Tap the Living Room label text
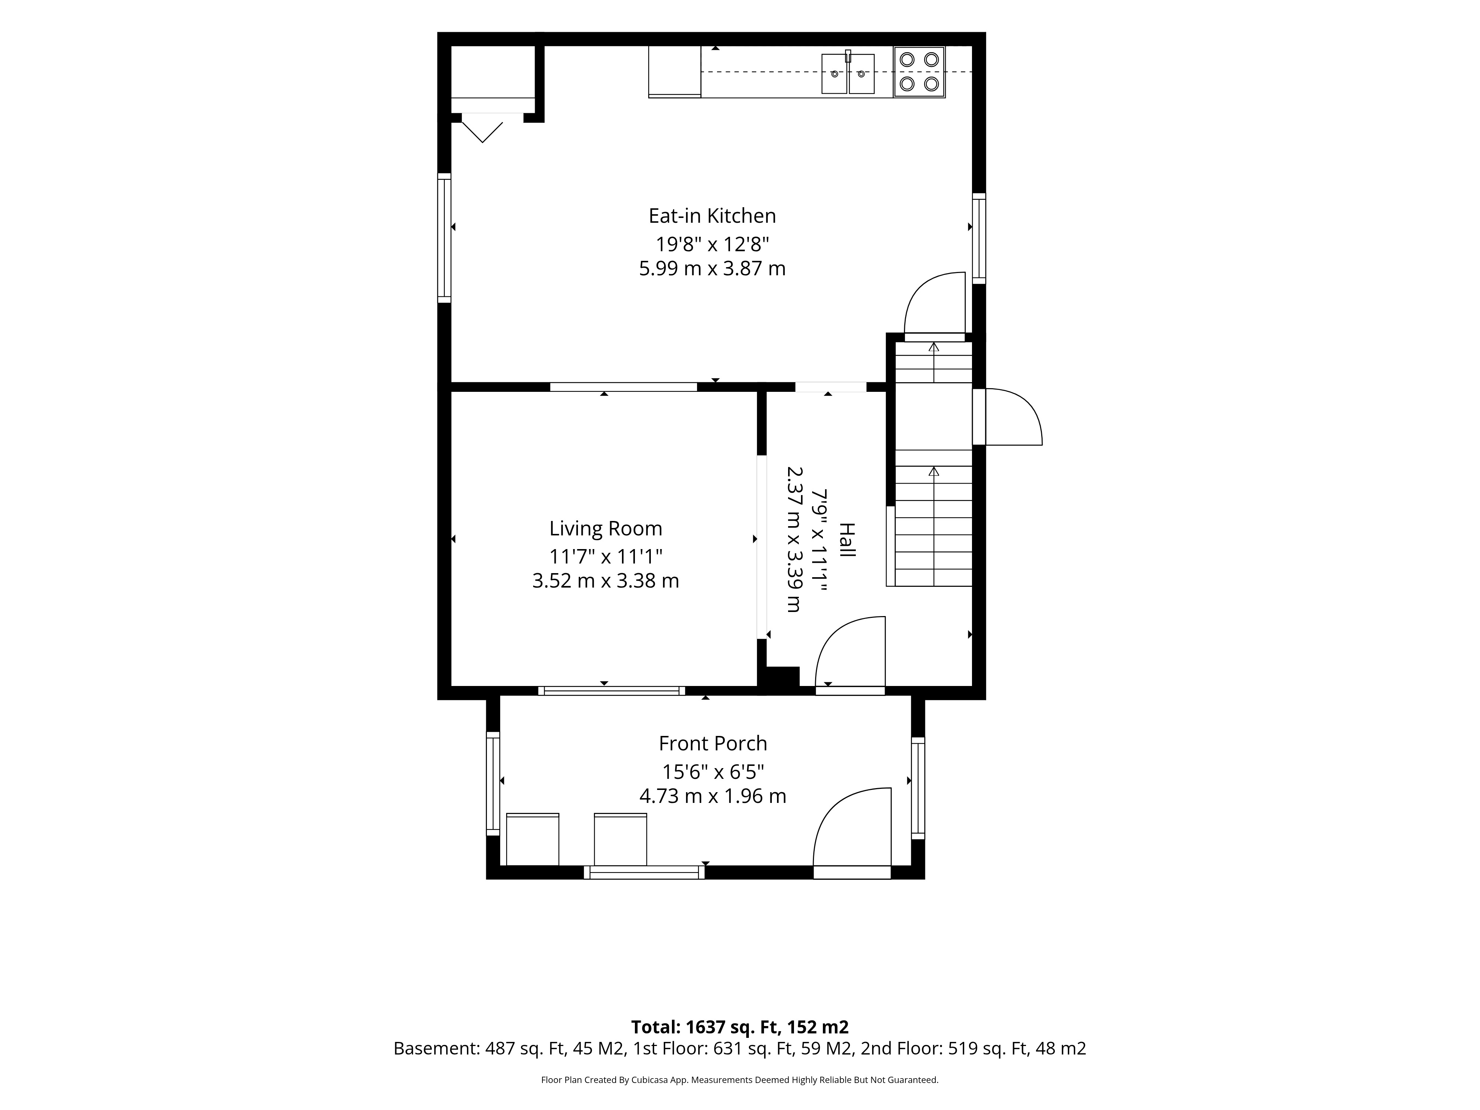[606, 529]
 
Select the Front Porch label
[713, 743]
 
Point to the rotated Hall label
[847, 540]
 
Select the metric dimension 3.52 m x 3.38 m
[606, 581]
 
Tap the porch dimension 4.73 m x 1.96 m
[713, 796]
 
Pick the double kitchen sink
[848, 73]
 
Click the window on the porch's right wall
[918, 787]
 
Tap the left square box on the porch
[532, 839]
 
